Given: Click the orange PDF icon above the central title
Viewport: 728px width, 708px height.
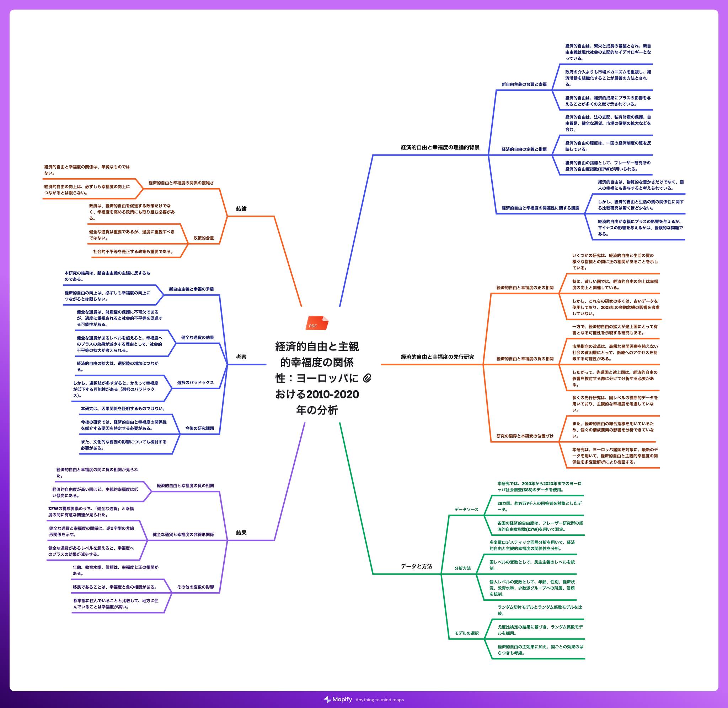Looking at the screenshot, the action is click(317, 323).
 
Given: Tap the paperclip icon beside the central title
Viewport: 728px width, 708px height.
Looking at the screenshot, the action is click(367, 378).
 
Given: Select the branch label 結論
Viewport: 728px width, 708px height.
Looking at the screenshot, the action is click(241, 209).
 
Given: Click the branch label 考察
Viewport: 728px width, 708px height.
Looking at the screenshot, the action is click(241, 357).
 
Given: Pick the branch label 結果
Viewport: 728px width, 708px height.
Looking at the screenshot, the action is click(241, 533).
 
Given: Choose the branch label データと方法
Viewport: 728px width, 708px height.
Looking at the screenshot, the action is click(417, 566).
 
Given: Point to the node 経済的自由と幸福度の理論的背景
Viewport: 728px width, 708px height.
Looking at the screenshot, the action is click(440, 147).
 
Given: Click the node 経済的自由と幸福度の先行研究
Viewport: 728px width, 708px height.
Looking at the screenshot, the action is click(438, 357).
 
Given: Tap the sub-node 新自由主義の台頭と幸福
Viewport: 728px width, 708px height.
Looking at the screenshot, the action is click(524, 85).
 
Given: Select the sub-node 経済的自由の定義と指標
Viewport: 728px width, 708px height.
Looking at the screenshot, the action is click(524, 149).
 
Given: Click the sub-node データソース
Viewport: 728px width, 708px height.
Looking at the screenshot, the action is click(466, 510).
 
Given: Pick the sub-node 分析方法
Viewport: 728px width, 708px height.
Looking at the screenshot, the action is click(462, 568).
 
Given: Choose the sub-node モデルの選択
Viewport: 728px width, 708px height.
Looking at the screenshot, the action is click(466, 633).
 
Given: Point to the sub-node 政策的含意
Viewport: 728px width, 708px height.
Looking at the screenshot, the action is click(204, 238).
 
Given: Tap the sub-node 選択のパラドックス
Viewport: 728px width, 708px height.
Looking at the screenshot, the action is click(196, 383).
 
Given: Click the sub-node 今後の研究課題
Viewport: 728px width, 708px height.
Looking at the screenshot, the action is click(199, 428).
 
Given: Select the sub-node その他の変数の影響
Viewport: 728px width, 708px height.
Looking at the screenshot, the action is click(196, 587).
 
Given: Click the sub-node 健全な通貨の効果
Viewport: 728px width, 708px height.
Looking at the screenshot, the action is click(198, 338).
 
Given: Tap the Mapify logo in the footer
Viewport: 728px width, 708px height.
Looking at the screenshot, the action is click(338, 699).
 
